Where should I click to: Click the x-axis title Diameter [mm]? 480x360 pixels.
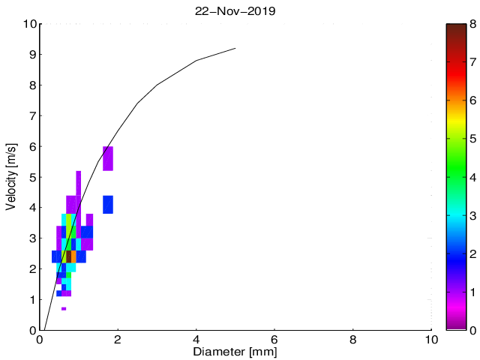point(235,350)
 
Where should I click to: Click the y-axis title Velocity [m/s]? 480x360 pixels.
point(11,177)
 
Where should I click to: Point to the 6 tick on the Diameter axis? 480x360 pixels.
point(274,338)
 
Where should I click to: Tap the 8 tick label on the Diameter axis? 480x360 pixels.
point(352,338)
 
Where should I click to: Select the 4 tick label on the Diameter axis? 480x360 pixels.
point(196,338)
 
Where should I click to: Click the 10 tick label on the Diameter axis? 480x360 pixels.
point(430,338)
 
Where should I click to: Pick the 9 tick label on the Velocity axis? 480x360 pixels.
point(31,55)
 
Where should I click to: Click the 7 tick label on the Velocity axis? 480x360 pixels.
point(31,116)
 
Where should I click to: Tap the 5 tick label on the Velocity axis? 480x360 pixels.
point(31,178)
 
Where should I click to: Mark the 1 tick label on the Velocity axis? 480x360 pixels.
point(31,300)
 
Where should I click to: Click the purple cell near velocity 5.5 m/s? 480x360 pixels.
point(108,158)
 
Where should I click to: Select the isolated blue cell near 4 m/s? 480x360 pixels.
point(108,204)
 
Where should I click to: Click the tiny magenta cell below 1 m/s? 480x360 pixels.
point(64,308)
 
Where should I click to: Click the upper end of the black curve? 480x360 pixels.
point(235,48)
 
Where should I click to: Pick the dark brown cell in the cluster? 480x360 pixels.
point(68,256)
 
